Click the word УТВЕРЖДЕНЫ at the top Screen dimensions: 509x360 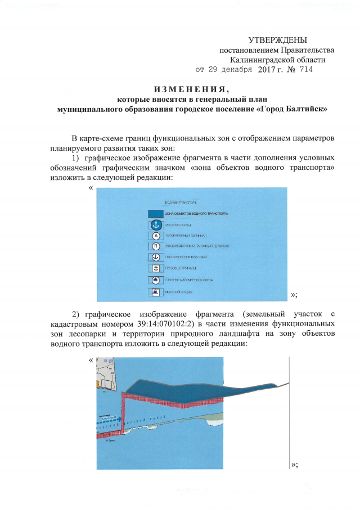pyautogui.click(x=278, y=40)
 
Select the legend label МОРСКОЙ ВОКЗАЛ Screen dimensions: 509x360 pyautogui.click(x=179, y=292)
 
